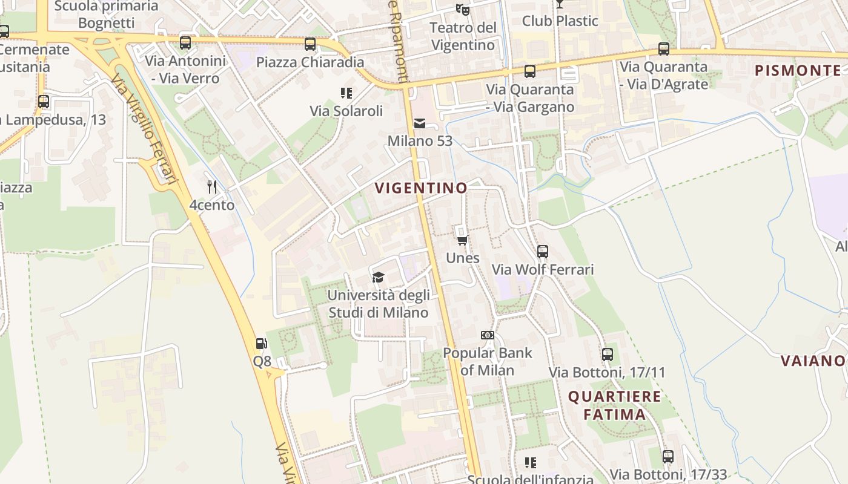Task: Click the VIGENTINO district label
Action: coord(421,188)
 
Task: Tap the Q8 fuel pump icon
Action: coord(262,344)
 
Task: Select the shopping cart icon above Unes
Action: coord(463,241)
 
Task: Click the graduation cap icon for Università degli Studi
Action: coord(379,278)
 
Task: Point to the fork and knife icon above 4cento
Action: coord(212,187)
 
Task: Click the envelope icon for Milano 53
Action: coord(420,124)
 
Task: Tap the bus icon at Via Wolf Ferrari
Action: coord(543,252)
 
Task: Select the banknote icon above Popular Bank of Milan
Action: coord(487,335)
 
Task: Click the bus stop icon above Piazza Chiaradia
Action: coord(310,44)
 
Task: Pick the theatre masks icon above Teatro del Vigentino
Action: coord(463,10)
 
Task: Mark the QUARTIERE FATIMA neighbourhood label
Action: coord(614,405)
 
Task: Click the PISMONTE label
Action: coord(798,70)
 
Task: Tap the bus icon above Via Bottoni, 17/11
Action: coord(607,355)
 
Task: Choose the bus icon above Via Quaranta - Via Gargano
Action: coord(530,71)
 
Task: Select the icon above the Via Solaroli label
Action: coord(346,93)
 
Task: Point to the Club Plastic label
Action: coord(560,21)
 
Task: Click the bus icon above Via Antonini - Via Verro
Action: coord(185,43)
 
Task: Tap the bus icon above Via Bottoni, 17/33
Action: coord(668,457)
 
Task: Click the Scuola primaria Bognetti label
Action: coord(106,15)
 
